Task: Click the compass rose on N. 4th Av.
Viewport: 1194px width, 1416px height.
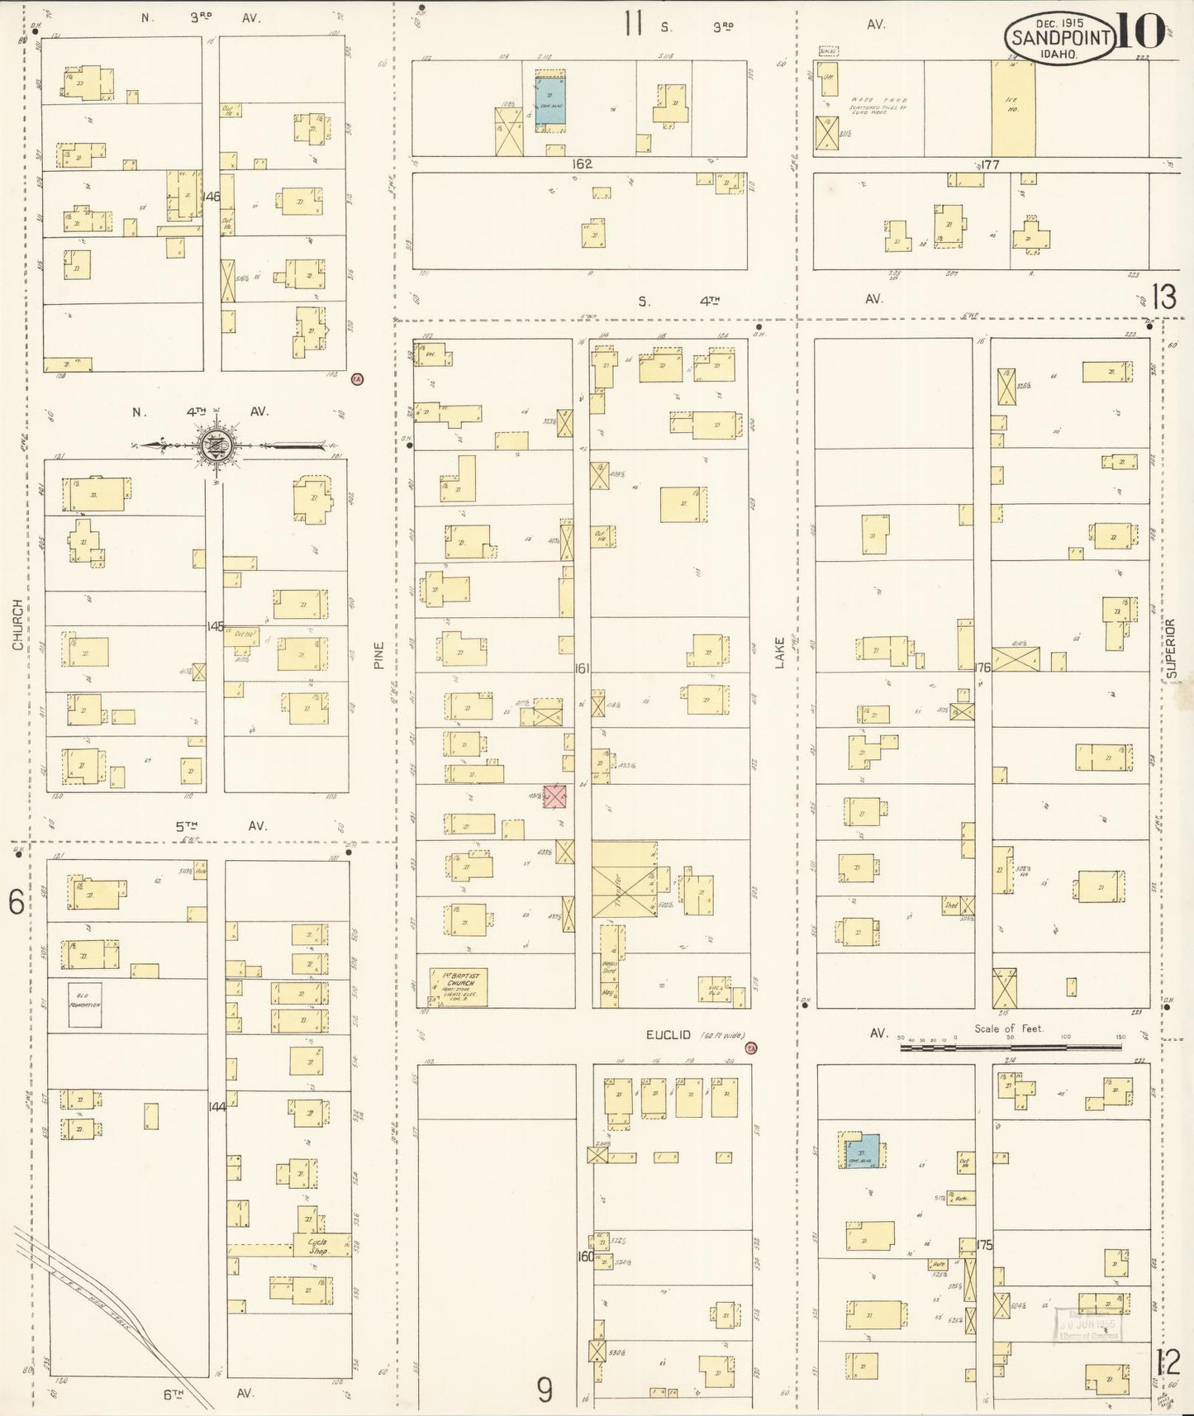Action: point(216,445)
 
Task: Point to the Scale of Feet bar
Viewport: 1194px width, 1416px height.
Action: point(1010,1048)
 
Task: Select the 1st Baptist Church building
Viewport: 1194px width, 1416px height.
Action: point(458,986)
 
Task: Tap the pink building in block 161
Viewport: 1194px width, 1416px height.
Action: point(555,796)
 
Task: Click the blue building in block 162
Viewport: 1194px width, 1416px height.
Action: point(550,101)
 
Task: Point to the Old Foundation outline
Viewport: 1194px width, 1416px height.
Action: point(84,1005)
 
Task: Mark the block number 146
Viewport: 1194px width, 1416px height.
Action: point(212,197)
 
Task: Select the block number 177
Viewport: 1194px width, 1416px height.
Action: point(991,164)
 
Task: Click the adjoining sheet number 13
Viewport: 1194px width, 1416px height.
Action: point(1163,297)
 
